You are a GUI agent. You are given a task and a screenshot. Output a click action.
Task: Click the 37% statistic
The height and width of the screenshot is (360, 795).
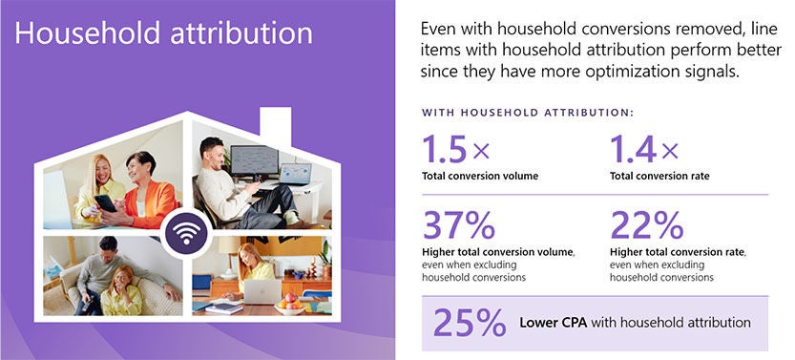click(458, 225)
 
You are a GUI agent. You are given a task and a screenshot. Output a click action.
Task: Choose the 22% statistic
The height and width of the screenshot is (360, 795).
click(646, 225)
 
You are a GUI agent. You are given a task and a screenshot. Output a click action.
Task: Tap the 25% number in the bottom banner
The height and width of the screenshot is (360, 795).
click(469, 323)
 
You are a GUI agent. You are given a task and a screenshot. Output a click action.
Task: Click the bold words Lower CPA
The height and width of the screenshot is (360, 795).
click(553, 323)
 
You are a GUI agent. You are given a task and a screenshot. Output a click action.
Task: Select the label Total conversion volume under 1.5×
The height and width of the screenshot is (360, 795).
click(480, 176)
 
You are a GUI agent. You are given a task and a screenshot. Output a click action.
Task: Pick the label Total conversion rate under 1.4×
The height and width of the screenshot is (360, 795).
click(660, 176)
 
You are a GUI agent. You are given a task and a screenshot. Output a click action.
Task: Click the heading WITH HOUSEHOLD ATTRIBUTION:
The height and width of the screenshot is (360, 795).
click(528, 114)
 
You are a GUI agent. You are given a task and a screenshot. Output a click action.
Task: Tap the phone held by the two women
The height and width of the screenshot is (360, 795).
click(106, 201)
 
